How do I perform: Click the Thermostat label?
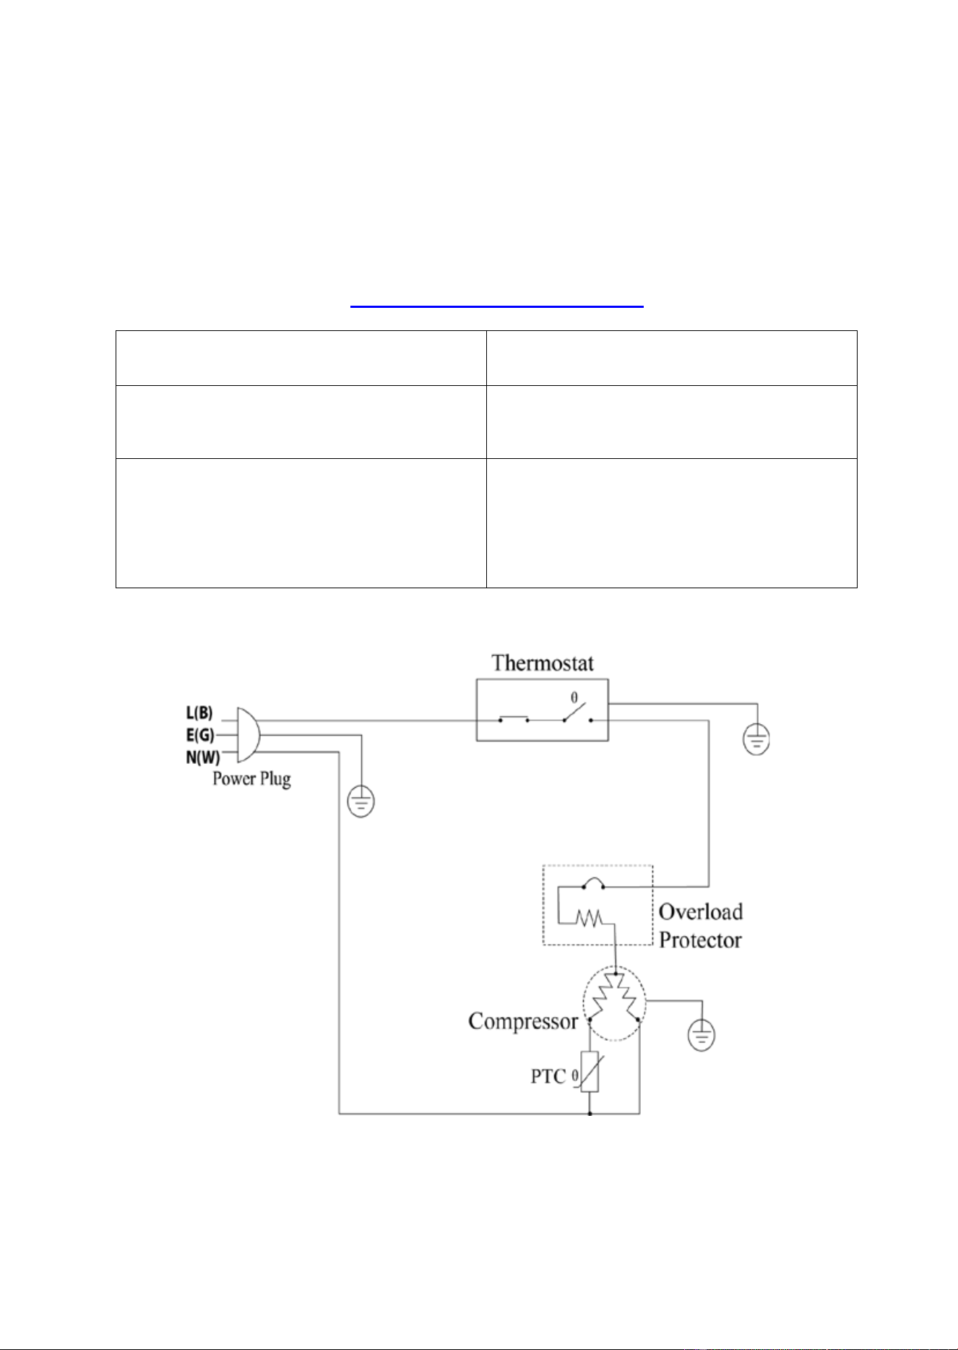[543, 663]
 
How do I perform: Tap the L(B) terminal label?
[199, 713]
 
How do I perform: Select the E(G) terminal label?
[200, 735]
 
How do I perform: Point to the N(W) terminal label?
[203, 757]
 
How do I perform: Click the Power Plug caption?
[251, 779]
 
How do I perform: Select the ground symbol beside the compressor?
[702, 1035]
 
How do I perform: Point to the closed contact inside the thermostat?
[514, 719]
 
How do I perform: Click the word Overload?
[701, 912]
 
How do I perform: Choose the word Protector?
[700, 940]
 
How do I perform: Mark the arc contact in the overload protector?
[594, 883]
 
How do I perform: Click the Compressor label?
[523, 1021]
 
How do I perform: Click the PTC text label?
[548, 1076]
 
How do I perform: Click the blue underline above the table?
[497, 307]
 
